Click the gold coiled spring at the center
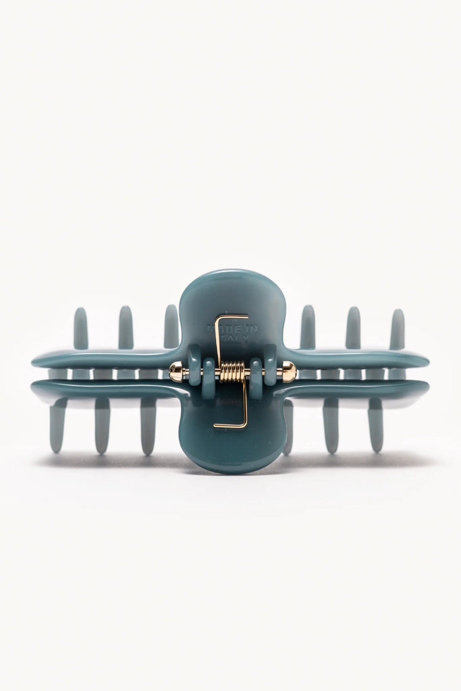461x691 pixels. point(232,372)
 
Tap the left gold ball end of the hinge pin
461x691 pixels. point(175,372)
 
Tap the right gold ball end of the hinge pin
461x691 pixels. point(289,371)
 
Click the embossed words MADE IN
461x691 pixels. point(232,329)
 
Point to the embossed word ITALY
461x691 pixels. point(229,339)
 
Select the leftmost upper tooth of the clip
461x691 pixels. point(81,327)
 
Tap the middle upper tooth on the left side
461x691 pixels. point(126,327)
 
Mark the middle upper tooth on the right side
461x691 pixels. point(353,327)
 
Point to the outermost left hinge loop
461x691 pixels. point(194,364)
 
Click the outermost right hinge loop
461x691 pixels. point(270,364)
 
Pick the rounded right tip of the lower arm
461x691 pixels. point(423,389)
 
